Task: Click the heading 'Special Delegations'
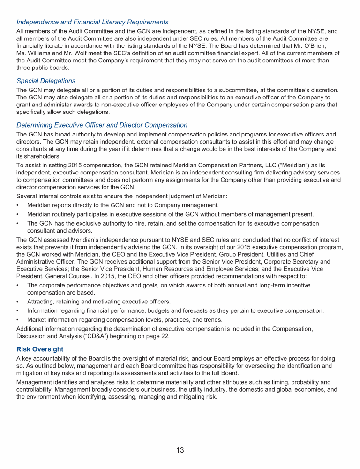tap(45, 81)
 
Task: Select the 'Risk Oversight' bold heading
tap(40, 349)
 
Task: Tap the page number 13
tap(180, 450)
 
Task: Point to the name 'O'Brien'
tap(321, 46)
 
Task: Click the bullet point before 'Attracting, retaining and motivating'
tap(17, 302)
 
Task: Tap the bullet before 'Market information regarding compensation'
tap(17, 320)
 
